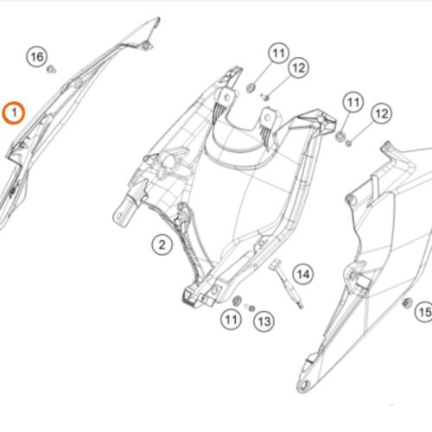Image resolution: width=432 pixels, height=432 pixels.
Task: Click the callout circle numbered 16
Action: pos(37,57)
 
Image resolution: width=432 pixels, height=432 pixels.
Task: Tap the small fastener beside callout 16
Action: pos(52,69)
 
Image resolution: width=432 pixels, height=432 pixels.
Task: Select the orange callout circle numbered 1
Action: pos(14,113)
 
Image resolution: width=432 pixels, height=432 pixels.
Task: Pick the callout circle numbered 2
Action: pos(162,245)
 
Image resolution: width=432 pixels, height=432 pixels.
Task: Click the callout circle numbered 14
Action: pos(303,274)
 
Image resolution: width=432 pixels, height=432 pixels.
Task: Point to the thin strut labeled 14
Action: pos(287,283)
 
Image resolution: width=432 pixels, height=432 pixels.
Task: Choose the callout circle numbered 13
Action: pos(264,321)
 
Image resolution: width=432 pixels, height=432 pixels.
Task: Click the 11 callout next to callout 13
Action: pos(231,320)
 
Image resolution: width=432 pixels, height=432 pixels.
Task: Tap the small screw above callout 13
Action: pos(250,308)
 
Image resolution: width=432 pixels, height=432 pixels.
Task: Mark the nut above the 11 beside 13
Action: pos(237,301)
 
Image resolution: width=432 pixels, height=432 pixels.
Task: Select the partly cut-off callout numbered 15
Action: pos(424,312)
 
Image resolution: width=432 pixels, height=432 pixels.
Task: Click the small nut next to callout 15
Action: pos(407,303)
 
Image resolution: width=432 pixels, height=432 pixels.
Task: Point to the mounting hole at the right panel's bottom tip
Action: pos(304,384)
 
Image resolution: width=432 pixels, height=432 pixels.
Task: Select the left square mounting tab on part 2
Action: pos(227,98)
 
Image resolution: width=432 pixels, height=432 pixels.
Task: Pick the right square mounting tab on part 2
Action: pos(269,118)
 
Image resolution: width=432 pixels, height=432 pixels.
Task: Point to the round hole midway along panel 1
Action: pos(78,84)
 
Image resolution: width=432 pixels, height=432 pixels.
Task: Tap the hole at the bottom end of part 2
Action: pos(215,291)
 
